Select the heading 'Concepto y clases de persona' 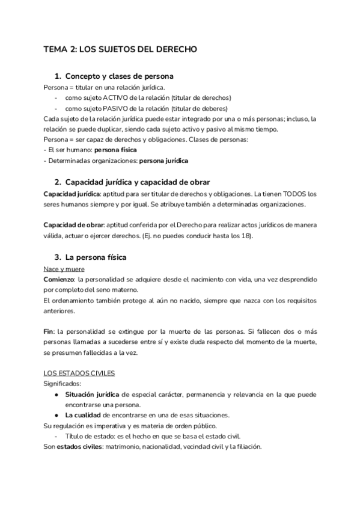tap(120, 76)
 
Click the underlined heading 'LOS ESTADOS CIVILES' tap(79, 373)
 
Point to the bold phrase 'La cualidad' tap(85, 416)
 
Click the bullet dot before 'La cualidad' tap(56, 416)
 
